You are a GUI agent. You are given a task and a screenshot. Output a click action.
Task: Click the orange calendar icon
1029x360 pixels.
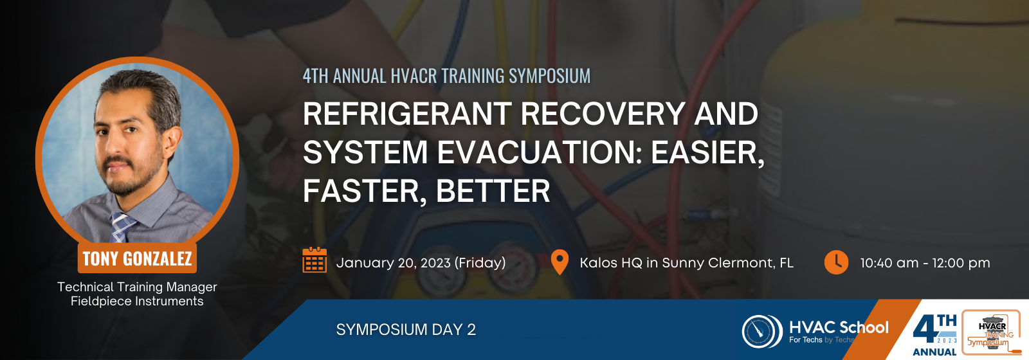[314, 260]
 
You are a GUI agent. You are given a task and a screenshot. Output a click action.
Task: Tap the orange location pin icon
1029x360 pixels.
[560, 262]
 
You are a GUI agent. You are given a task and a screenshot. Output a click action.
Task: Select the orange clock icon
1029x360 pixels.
[836, 262]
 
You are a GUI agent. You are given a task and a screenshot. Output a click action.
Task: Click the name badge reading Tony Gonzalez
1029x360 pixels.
[137, 258]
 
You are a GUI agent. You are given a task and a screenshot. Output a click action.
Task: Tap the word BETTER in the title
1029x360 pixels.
[493, 191]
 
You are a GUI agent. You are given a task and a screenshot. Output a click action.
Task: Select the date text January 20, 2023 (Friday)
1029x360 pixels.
[421, 263]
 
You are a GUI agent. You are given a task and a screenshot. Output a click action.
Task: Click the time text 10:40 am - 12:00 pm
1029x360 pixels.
[925, 263]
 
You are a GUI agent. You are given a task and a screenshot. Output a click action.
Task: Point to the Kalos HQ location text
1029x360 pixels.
[686, 263]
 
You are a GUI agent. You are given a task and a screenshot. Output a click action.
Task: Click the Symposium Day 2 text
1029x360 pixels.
[406, 329]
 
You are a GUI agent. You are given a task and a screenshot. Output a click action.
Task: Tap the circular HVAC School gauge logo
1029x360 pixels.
[762, 331]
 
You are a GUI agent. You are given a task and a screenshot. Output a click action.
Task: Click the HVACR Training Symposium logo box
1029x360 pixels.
[991, 332]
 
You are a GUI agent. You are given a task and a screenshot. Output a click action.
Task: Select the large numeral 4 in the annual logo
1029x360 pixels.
[925, 330]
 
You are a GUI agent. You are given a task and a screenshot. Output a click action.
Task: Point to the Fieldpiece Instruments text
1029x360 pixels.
[137, 301]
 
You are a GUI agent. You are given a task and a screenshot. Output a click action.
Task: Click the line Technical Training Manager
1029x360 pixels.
[137, 287]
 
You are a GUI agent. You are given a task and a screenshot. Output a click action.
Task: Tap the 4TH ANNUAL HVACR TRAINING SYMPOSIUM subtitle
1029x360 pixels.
[446, 76]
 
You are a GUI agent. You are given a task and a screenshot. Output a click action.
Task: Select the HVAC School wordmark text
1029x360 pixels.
[839, 327]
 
